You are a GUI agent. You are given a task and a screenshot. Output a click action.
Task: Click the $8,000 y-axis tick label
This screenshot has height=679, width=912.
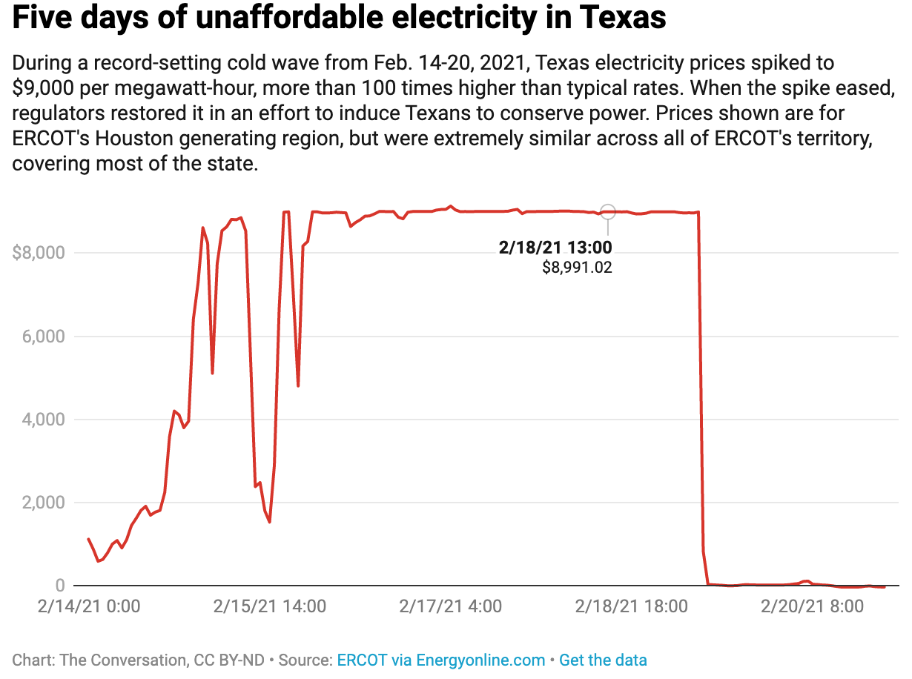(x=39, y=253)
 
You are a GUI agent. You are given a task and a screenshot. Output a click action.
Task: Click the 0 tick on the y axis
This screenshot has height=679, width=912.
(x=59, y=586)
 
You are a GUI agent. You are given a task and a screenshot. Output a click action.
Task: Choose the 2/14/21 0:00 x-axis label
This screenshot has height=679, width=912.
(x=88, y=606)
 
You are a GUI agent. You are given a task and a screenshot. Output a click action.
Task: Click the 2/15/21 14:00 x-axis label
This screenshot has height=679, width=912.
(x=270, y=606)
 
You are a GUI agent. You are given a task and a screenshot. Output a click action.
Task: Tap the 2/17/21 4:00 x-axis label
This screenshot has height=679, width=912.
(x=450, y=606)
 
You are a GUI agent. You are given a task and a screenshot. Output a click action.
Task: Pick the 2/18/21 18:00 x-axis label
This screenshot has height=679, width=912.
(x=632, y=606)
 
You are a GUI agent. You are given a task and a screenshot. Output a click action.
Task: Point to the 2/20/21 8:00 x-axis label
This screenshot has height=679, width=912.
(x=812, y=606)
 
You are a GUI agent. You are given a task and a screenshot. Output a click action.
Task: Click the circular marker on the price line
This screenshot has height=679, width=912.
(x=608, y=212)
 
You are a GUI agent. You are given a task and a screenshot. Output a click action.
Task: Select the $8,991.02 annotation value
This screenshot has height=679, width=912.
(x=577, y=268)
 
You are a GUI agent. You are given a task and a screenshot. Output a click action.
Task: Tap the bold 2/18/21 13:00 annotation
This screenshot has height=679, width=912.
(x=555, y=248)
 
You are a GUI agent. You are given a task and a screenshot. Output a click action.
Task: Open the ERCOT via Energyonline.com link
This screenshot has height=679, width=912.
(x=440, y=660)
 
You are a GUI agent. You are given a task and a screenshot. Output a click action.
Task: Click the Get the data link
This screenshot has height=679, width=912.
(x=603, y=660)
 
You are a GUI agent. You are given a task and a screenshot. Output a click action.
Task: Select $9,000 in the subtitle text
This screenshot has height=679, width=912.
(x=42, y=87)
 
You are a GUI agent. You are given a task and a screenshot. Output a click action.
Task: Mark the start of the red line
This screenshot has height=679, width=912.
(x=88, y=539)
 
